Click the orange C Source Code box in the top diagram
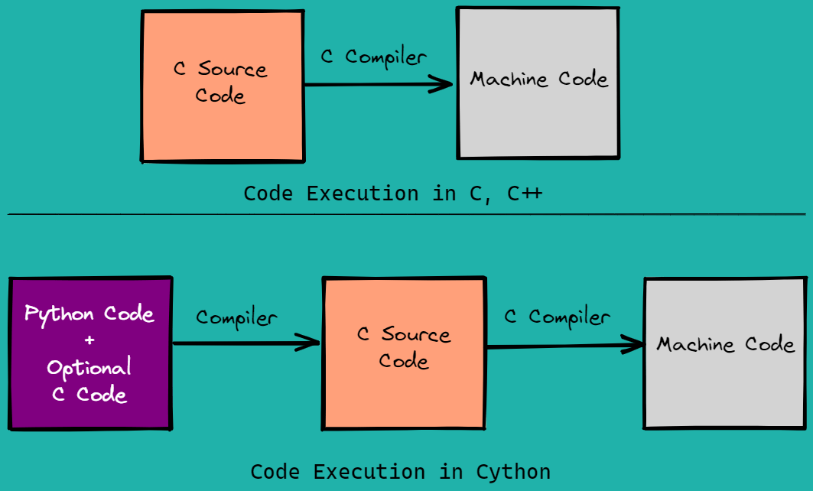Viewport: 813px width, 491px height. [222, 86]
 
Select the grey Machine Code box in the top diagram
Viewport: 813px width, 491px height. [538, 83]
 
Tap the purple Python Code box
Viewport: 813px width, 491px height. [89, 353]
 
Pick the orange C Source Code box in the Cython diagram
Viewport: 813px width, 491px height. [404, 353]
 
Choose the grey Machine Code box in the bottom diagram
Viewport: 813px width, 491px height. [724, 353]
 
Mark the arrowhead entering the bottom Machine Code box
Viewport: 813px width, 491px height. [633, 346]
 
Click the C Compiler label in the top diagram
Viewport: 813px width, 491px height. [373, 57]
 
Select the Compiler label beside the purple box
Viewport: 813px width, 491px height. [236, 317]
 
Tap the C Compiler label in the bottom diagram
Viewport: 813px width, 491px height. [557, 317]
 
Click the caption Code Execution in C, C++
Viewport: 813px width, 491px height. [392, 193]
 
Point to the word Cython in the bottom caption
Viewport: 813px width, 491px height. [512, 472]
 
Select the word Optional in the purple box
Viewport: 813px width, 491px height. [89, 368]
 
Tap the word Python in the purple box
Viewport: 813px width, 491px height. [59, 314]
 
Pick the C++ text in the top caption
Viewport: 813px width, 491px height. [525, 193]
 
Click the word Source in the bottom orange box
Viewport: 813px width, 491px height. [416, 335]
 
